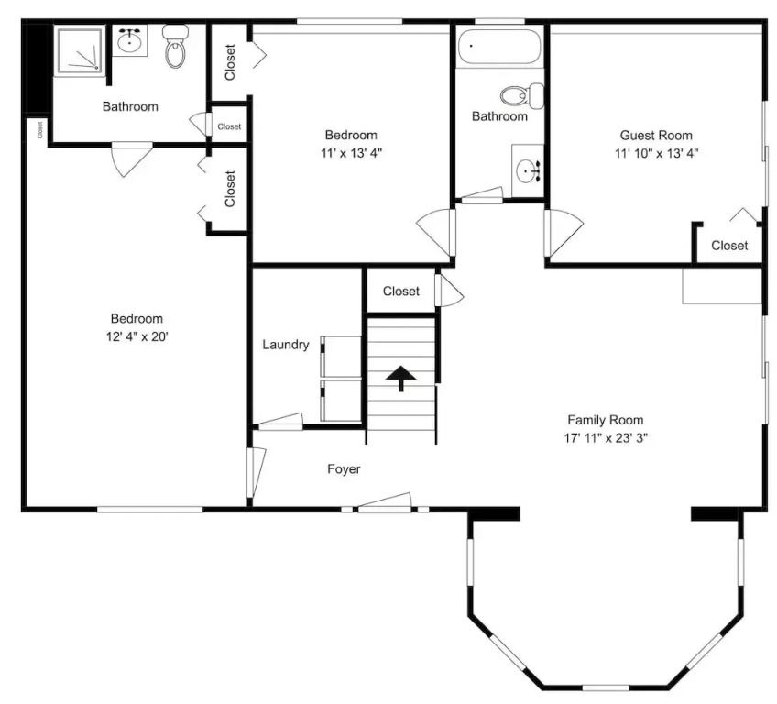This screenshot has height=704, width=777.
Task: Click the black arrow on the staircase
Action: [401, 379]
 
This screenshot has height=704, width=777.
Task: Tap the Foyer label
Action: [344, 469]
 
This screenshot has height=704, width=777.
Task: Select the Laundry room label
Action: [286, 345]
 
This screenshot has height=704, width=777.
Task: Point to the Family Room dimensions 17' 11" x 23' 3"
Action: [606, 438]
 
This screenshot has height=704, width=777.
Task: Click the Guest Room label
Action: [656, 136]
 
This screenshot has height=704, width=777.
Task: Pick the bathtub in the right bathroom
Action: [499, 47]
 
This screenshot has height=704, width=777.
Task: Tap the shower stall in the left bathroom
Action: [80, 50]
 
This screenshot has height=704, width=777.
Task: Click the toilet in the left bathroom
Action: [175, 46]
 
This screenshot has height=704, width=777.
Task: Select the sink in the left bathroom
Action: [130, 39]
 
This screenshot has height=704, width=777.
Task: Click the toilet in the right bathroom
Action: [521, 95]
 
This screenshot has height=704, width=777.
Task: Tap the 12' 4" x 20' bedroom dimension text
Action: [137, 337]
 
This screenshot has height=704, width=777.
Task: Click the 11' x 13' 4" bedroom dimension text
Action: [351, 153]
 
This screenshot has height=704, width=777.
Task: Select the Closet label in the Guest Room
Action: [729, 246]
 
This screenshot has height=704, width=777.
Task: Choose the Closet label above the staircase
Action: [401, 291]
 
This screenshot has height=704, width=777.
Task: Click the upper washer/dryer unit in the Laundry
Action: [341, 357]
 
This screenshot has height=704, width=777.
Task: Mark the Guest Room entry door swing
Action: [564, 234]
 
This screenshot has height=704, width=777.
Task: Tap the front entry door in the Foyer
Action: [385, 502]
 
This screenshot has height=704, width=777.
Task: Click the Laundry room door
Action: [280, 420]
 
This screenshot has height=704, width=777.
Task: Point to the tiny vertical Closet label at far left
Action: [39, 130]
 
